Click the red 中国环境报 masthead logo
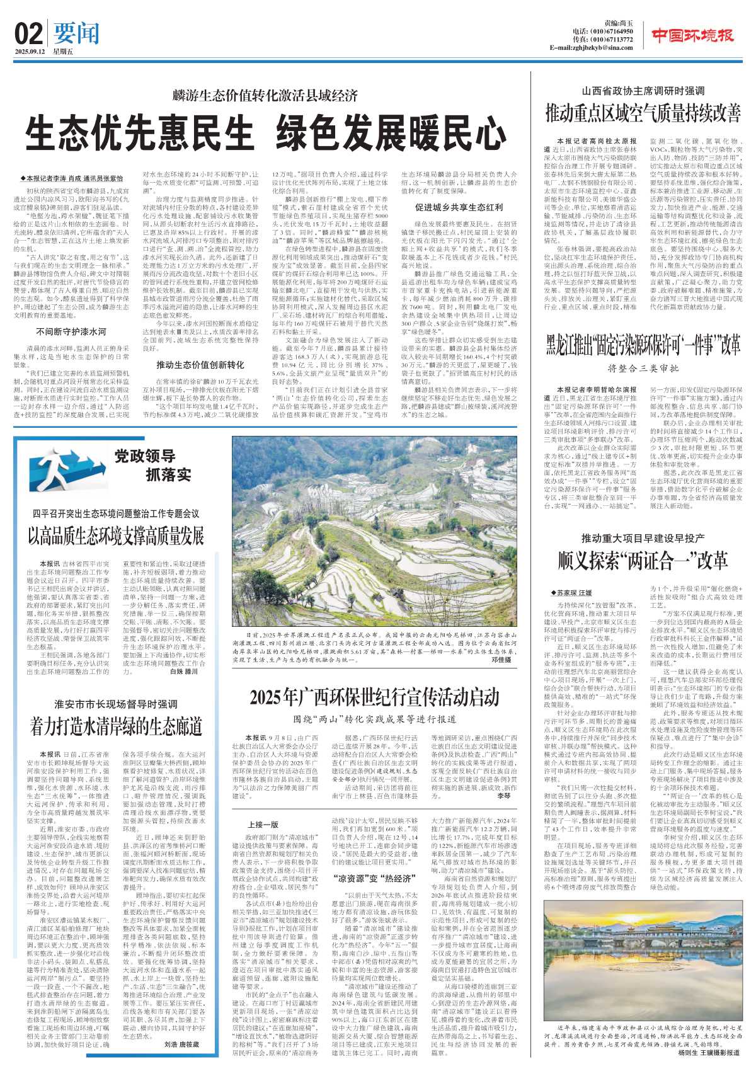pos(692,35)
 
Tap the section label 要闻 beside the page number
pos(76,32)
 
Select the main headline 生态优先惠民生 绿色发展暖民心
pos(266,132)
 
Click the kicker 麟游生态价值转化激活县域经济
pos(265,96)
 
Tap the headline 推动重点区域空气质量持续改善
pos(643,113)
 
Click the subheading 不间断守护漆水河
pos(71,331)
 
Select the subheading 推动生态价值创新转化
pos(200,365)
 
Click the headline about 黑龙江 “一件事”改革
pos(643,346)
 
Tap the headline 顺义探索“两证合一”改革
pos(643,560)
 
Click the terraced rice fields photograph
pos(372,529)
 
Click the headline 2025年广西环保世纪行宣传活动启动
pos(374,697)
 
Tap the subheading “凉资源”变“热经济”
pos(374,878)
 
